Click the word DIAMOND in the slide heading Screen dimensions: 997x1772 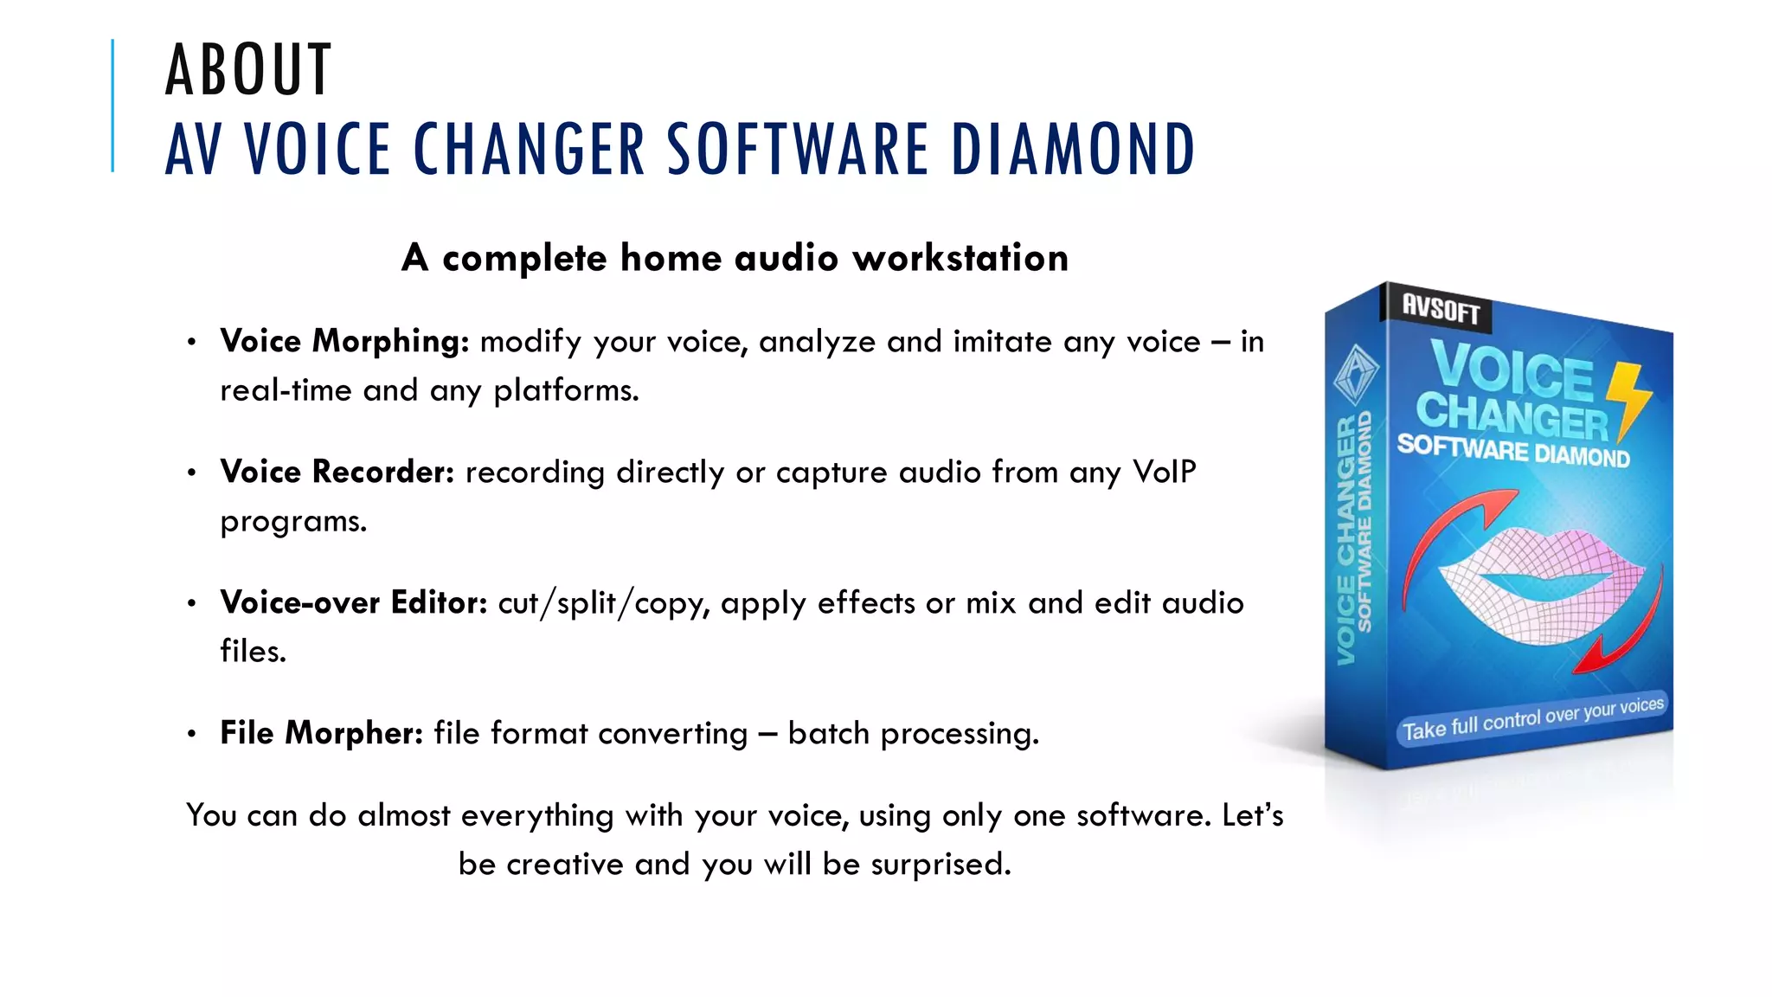[1073, 150]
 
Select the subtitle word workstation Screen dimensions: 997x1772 [960, 258]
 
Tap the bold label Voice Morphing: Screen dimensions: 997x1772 [344, 341]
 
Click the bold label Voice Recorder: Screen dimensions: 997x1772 [337, 472]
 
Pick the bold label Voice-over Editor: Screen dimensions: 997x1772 [353, 602]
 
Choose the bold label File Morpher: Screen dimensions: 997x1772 [321, 733]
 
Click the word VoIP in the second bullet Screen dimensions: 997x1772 [1164, 472]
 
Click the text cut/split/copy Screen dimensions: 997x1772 [603, 603]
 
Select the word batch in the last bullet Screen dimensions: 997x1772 [828, 733]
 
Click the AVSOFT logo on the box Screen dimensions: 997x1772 [1441, 308]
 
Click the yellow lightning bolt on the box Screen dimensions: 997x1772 [1628, 400]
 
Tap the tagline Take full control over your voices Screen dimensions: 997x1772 [1532, 718]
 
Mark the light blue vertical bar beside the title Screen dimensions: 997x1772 [112, 106]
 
